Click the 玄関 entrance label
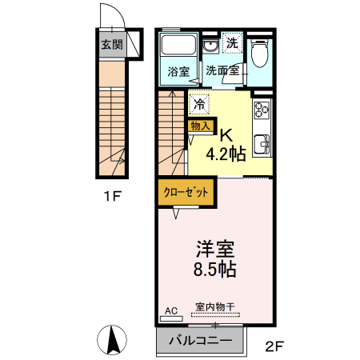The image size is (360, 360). coord(110,44)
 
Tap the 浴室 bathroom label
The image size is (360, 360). coord(178,71)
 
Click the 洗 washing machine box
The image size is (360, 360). coord(232,42)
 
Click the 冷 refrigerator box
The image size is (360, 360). coord(198,103)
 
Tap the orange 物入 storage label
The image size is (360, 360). coord(200,125)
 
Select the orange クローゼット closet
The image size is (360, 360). coord(186,193)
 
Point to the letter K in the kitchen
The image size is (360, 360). coord(226,134)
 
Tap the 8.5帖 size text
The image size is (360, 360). coord(215,269)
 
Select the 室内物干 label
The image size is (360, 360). coord(214,306)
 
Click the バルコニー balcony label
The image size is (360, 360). coord(200,341)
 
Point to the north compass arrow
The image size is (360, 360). coord(114,339)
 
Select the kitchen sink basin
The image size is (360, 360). coord(262,146)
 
